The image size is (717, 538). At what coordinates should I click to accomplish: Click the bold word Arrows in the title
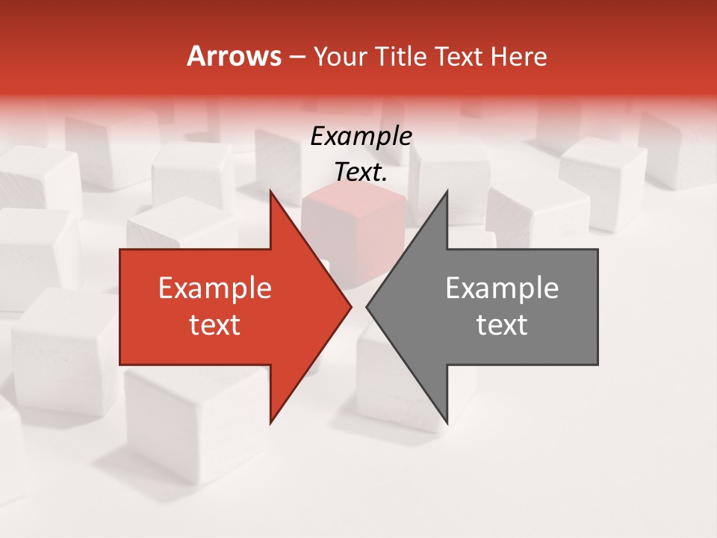coord(234,56)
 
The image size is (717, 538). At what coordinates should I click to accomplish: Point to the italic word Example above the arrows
coord(361,137)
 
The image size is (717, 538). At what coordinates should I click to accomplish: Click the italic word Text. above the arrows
coord(361,173)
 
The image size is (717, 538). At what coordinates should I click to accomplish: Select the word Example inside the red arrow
coord(215,288)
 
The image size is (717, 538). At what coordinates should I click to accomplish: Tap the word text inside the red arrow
coord(215,325)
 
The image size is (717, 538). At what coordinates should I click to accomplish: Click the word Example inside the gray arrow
coord(502,288)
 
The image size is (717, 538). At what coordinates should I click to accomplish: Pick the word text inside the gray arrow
coord(502,325)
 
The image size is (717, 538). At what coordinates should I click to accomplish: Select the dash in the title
coord(297,57)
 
